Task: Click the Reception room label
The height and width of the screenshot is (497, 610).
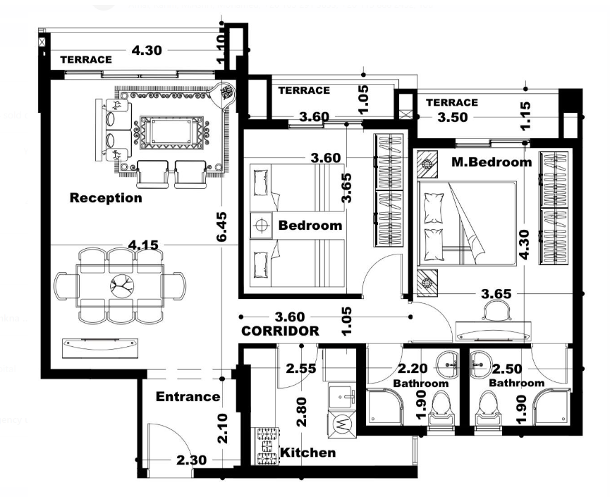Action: pos(106,197)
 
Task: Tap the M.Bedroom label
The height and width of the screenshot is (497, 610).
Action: pos(492,161)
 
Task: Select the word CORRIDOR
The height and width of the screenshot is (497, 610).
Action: pos(280,331)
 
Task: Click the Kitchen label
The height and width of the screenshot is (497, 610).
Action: pos(307,453)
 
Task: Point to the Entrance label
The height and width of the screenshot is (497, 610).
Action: pos(188,396)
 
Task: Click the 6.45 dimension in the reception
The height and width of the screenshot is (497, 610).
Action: pos(221,227)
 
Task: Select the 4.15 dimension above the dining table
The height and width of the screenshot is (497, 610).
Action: pos(143,245)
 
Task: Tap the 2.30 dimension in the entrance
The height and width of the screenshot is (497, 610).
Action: pos(191,460)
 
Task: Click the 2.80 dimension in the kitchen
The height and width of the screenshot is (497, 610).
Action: pos(302,412)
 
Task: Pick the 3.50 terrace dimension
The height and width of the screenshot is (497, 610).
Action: pos(453,117)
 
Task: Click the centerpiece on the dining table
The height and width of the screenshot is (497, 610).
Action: pos(122,286)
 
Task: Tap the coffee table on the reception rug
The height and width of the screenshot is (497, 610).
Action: pos(171,132)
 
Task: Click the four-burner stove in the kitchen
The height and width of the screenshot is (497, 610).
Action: pos(267,446)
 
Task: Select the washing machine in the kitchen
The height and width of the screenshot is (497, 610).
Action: pos(341,424)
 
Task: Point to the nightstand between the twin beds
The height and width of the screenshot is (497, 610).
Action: pos(261,225)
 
